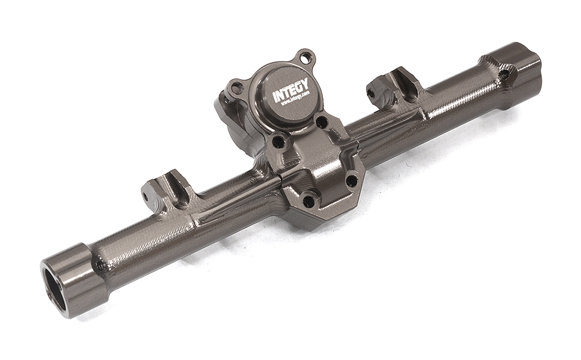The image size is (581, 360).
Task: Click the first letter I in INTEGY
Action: point(275,99)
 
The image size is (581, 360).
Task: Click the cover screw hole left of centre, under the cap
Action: point(277,141)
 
